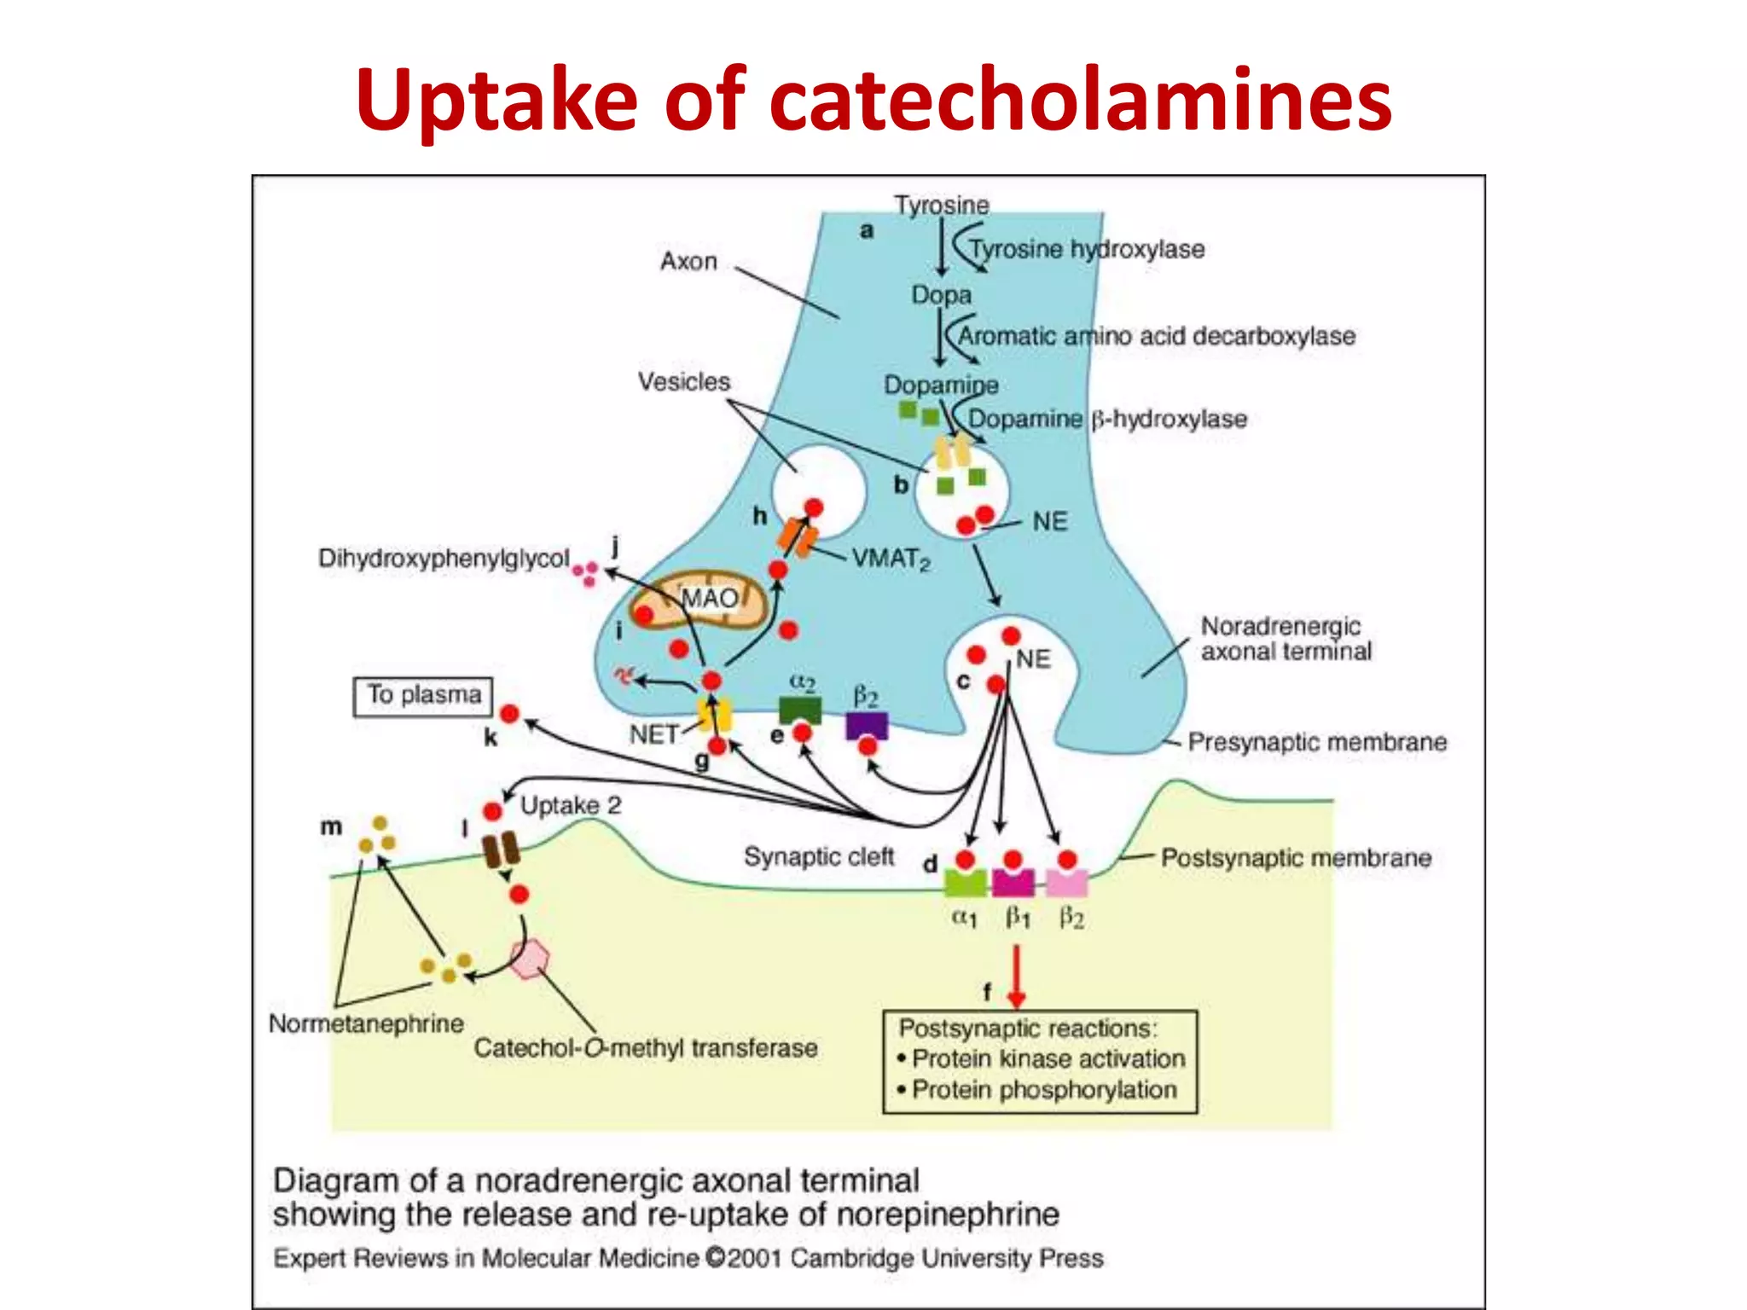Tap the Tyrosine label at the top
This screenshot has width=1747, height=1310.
[941, 205]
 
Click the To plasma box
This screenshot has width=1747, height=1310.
[423, 695]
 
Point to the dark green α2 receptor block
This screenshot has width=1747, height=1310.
[800, 710]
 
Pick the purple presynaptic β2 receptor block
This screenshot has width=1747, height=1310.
[867, 726]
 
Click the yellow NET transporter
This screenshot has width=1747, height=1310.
[715, 715]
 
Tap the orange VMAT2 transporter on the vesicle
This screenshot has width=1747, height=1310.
[797, 537]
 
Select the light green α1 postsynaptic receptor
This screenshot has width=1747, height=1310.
[966, 883]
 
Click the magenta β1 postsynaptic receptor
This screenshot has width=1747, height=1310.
[1013, 883]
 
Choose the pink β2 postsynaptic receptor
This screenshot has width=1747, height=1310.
[1067, 883]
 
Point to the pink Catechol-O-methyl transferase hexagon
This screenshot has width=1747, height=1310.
[530, 959]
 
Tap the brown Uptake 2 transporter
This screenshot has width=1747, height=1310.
[501, 850]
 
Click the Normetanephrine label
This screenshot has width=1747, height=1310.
[366, 1023]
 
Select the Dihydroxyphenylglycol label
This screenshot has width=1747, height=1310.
[444, 559]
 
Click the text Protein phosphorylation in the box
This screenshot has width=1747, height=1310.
[1044, 1090]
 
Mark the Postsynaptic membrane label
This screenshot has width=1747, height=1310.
[1296, 858]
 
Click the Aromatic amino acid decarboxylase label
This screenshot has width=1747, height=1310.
[1156, 336]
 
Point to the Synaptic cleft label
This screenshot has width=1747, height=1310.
[819, 856]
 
